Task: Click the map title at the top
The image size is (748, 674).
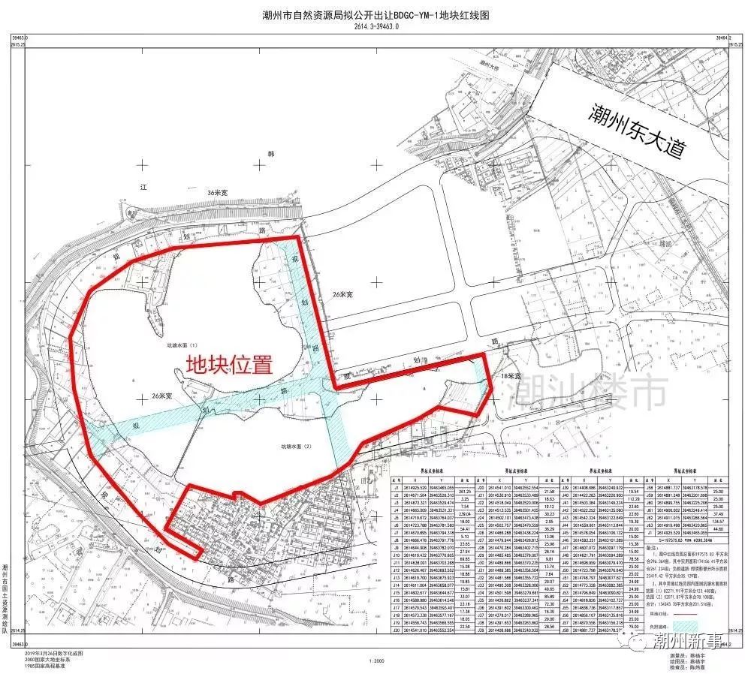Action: [373, 14]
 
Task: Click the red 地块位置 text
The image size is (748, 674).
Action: [229, 365]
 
